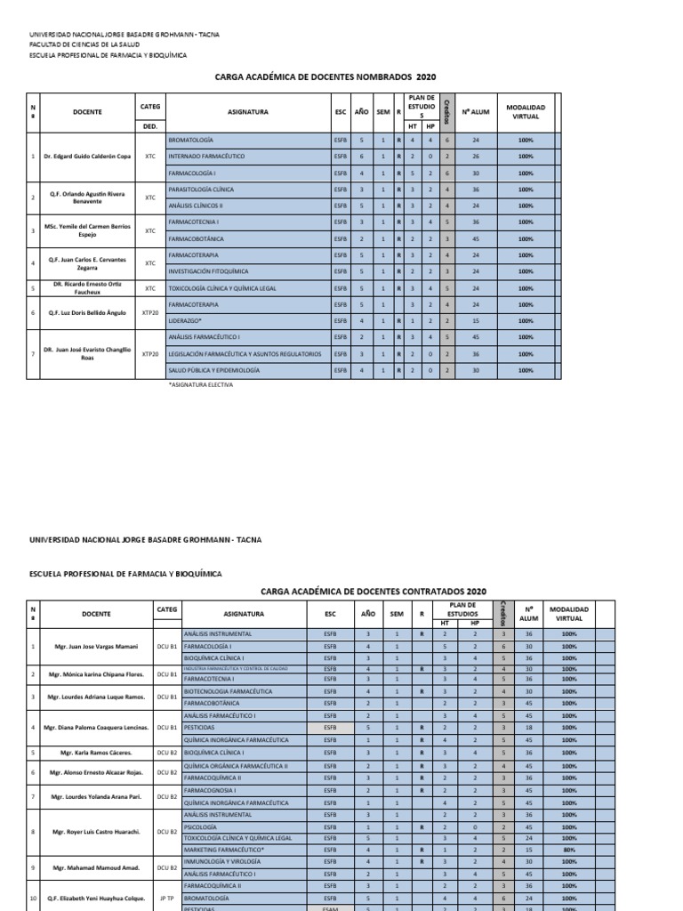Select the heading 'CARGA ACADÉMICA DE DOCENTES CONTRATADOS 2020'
point(374,590)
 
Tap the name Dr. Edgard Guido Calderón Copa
point(87,157)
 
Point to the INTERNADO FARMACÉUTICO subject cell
point(207,157)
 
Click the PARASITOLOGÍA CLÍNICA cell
point(201,189)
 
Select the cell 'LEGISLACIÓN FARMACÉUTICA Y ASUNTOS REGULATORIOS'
point(244,353)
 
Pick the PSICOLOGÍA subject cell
point(198,826)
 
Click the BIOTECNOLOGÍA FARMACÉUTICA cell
point(222,691)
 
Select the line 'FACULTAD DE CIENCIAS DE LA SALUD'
point(84,43)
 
